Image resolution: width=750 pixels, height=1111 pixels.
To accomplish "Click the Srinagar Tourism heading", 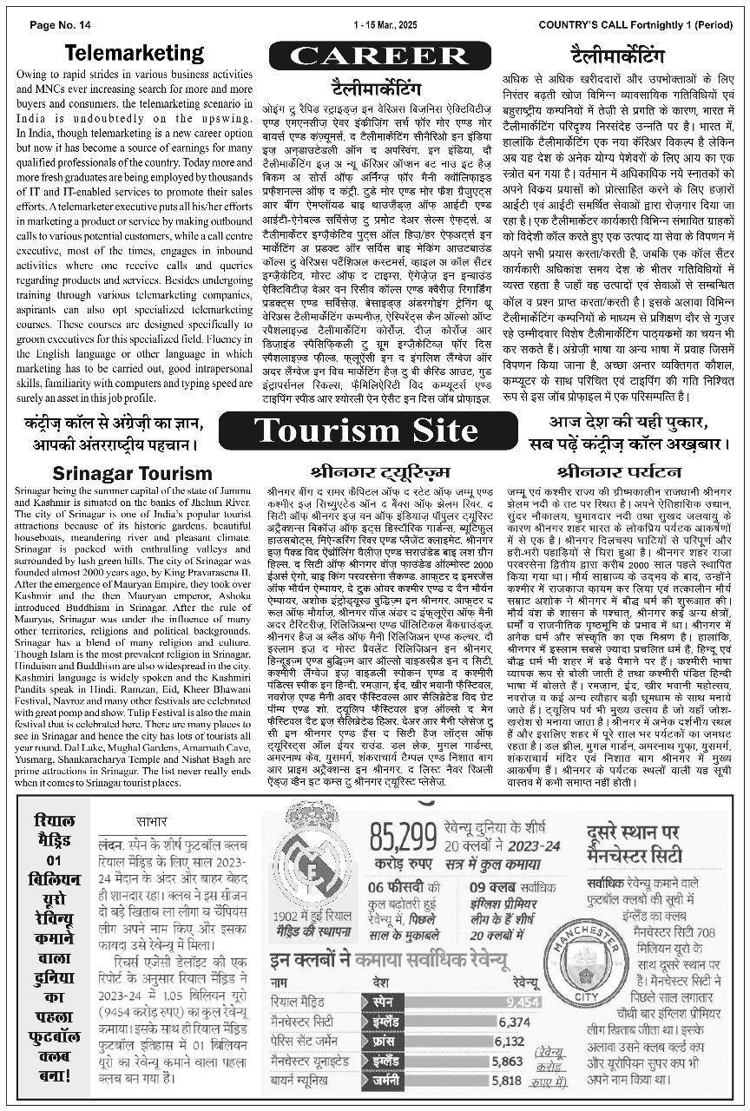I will pos(132,473).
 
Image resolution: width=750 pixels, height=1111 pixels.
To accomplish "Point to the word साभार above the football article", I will pos(152,821).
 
